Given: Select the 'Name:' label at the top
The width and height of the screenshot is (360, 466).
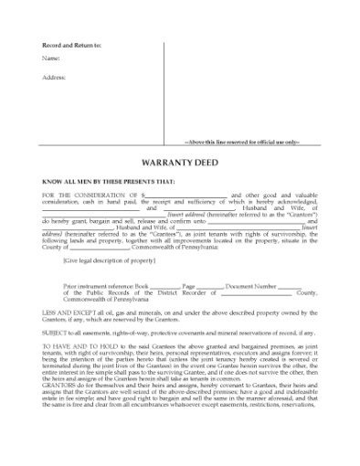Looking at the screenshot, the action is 51,59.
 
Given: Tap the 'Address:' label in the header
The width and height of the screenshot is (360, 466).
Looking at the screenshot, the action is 55,77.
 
